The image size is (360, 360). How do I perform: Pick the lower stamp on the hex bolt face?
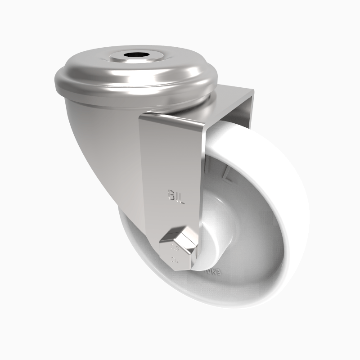click(174, 260)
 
